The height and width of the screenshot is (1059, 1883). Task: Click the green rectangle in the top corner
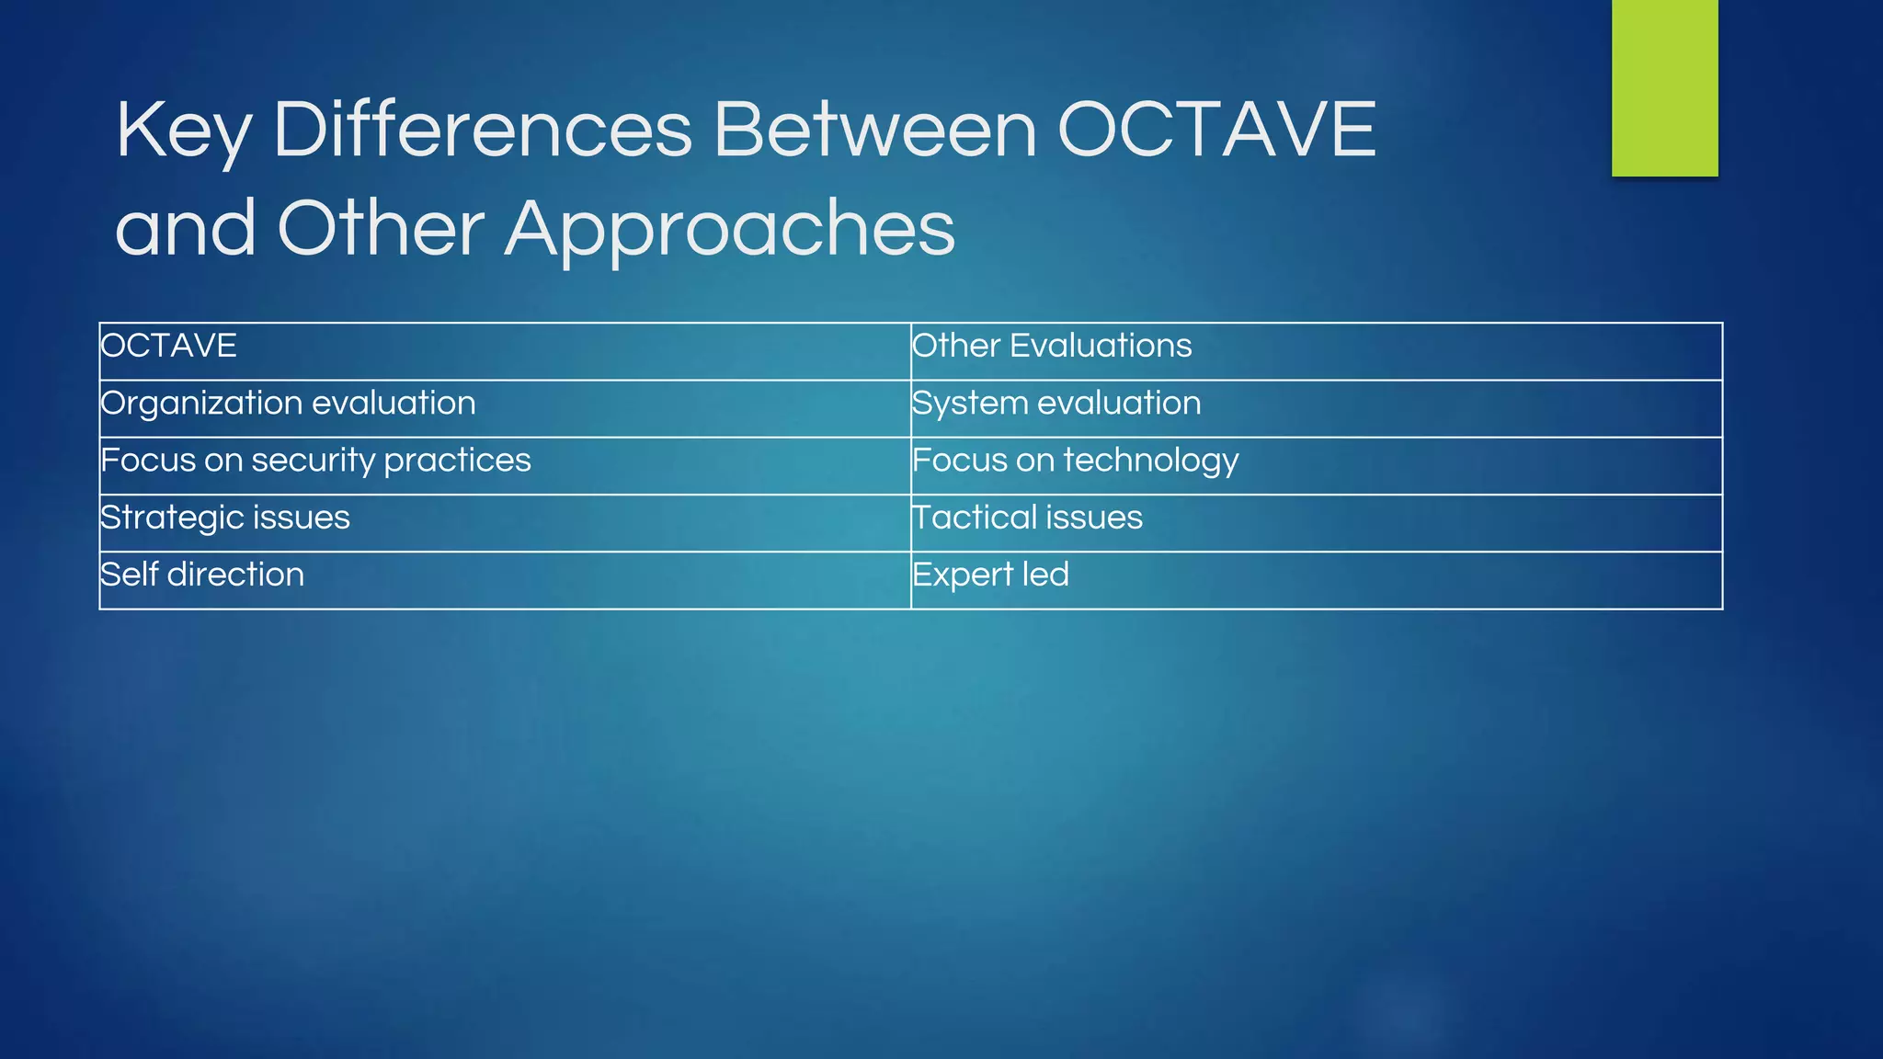tap(1664, 87)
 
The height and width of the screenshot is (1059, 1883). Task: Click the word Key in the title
tap(183, 131)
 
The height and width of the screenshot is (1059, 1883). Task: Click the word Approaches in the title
tap(730, 230)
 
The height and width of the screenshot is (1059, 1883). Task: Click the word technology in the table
tap(1150, 461)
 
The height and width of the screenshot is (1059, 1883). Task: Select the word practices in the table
tap(457, 461)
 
